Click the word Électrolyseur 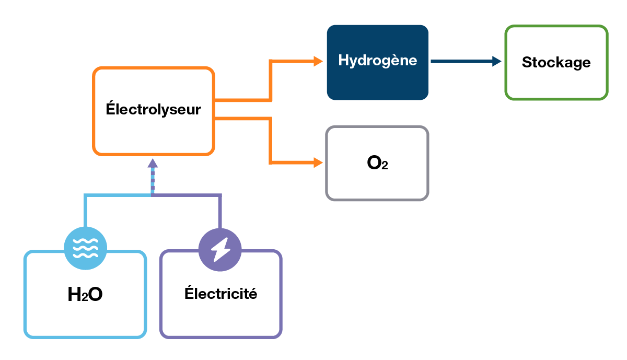click(153, 110)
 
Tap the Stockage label click(556, 63)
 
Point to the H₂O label click(85, 295)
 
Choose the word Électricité click(220, 294)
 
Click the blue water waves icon click(85, 248)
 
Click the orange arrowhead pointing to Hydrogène click(318, 61)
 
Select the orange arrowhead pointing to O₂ click(318, 162)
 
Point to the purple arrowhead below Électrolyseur click(152, 163)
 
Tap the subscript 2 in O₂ click(385, 166)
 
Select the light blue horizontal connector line click(118, 195)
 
